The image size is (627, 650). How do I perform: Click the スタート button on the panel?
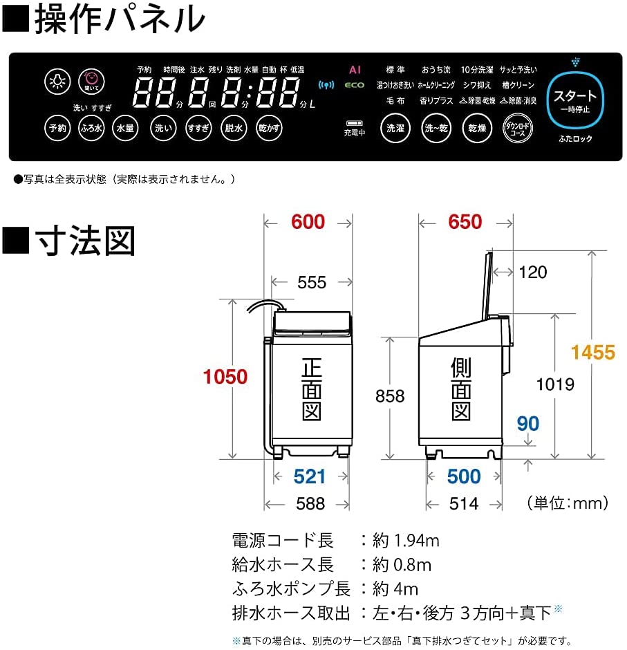(x=574, y=100)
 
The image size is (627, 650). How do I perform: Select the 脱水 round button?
(x=233, y=128)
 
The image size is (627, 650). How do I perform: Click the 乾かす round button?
(x=269, y=128)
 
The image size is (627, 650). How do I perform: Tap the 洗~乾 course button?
(x=436, y=129)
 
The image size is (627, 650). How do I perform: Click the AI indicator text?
(x=355, y=70)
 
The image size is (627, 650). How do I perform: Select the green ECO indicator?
(x=355, y=86)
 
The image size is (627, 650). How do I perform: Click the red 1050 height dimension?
(x=225, y=377)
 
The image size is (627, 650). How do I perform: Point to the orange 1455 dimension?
(x=592, y=353)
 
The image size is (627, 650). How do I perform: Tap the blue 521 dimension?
(x=309, y=476)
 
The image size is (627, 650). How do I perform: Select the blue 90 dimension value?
(x=527, y=423)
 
